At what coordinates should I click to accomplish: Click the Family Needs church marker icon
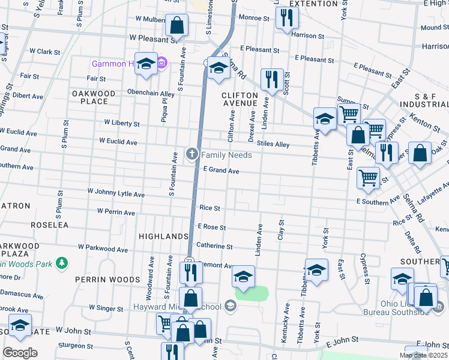point(192,155)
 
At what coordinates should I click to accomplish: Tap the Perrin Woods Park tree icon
point(61,263)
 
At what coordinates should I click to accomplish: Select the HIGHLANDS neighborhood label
point(164,236)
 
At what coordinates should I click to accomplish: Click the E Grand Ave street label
point(221,171)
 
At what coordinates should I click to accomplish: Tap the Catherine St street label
point(214,246)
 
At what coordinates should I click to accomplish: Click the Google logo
point(20,352)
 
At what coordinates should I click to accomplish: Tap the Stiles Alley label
point(273,144)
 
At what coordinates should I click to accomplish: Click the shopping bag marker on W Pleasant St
point(176,26)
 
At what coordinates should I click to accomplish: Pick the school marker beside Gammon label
point(145,65)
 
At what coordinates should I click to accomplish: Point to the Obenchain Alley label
point(151,94)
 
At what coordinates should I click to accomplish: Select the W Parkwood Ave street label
point(103,248)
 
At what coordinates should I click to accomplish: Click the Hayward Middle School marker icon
point(230,307)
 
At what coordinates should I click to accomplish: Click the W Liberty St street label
point(122,123)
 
